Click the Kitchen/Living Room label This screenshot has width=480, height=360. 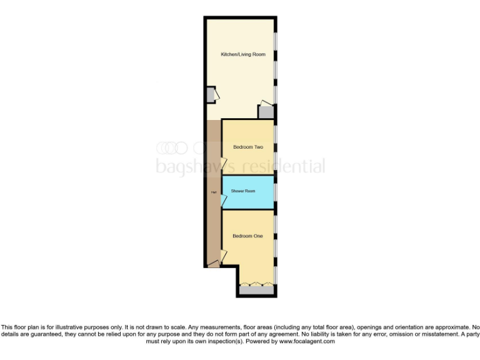coord(243,55)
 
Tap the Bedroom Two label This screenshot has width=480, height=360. coord(248,147)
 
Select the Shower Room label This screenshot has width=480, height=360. coord(243,191)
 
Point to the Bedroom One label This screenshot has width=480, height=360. coord(247,236)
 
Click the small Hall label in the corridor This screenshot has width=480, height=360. coord(214,193)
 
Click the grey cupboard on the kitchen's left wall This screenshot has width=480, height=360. coord(211,95)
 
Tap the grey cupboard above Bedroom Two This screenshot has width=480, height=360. coord(266,112)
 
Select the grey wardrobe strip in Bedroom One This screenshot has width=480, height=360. coord(254,290)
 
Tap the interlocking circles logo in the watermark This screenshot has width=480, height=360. coord(172,147)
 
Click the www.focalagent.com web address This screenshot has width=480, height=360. coord(307,342)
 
